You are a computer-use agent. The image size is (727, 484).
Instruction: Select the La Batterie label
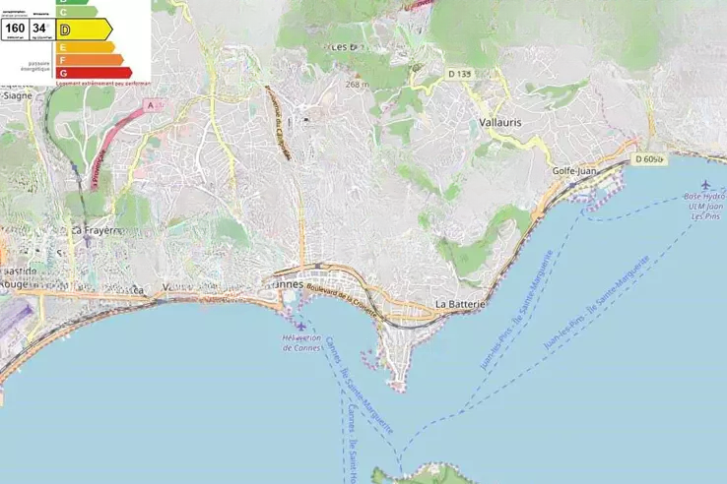(460, 304)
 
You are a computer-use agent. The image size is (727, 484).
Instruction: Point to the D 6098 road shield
(650, 159)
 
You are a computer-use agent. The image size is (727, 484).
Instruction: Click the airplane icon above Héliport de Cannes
(300, 326)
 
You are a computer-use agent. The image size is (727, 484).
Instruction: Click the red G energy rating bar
(95, 72)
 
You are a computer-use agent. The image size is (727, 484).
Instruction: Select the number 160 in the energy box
(15, 29)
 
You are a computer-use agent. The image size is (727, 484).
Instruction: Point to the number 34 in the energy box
(39, 29)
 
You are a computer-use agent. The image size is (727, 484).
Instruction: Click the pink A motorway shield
(151, 103)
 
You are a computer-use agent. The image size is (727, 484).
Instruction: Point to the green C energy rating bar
(77, 12)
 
